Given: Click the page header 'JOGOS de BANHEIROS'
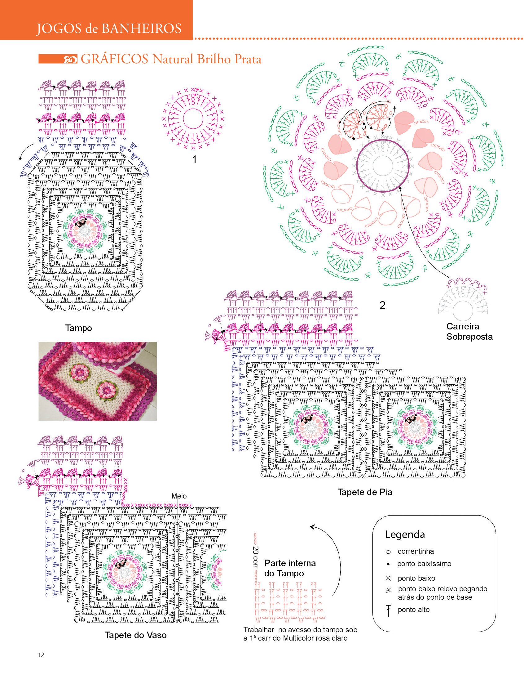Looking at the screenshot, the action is [109, 29].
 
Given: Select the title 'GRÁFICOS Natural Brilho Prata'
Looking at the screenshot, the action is [171, 59].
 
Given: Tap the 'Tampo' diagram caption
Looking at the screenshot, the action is [79, 328].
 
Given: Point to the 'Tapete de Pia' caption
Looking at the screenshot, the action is [365, 492].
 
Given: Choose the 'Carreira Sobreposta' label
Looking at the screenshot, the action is [469, 332].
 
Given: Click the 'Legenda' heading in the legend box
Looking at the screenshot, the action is [405, 534].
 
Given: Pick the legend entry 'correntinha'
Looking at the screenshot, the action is [416, 551].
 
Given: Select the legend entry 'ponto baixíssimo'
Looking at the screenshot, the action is [424, 564].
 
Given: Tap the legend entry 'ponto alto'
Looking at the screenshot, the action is [414, 610].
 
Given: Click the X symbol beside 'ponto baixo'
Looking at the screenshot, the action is [388, 579].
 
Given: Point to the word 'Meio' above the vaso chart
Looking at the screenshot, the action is [179, 496].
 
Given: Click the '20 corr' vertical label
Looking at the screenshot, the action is [256, 557].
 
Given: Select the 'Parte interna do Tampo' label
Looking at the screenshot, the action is [290, 568].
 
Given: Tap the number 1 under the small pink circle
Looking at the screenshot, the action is [194, 160].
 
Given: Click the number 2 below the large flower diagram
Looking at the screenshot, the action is [382, 305].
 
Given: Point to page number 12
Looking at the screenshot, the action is [41, 655].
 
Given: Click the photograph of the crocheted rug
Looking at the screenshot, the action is [98, 381].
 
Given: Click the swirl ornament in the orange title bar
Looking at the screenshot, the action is [70, 59].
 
